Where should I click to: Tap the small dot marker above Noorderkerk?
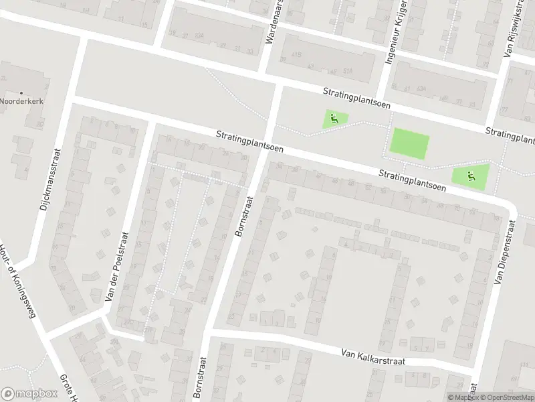[x=21, y=93]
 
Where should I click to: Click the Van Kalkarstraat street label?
[x=372, y=356]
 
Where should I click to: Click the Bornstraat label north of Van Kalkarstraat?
[x=244, y=216]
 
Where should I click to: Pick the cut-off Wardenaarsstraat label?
[x=275, y=22]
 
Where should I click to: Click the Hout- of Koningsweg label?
[x=21, y=285]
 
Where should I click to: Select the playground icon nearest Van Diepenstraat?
[x=471, y=176]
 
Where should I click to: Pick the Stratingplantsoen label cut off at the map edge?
[x=511, y=135]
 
